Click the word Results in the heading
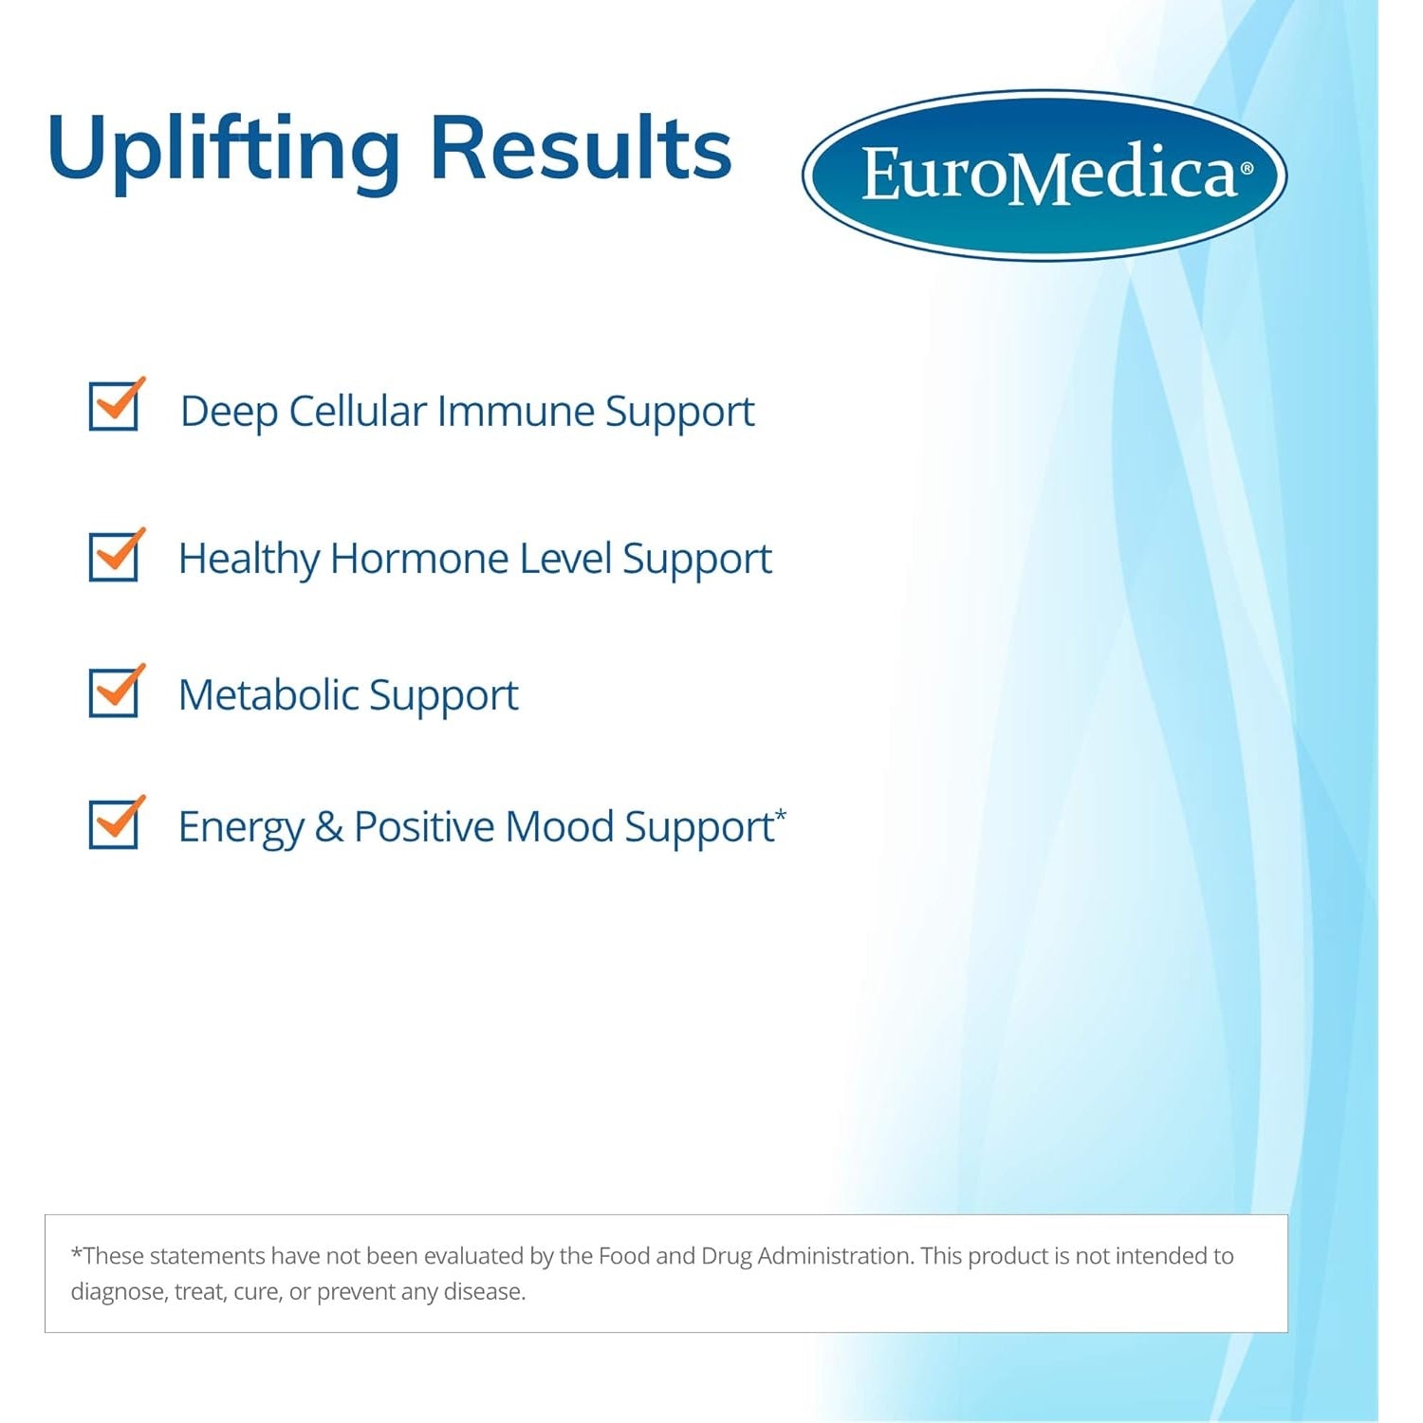tap(582, 147)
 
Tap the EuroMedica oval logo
tap(1044, 176)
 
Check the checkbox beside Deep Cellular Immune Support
tap(116, 405)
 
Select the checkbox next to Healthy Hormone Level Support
tap(116, 555)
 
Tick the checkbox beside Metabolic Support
tap(116, 691)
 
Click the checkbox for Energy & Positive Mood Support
tap(116, 822)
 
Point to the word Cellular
tap(358, 411)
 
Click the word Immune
tap(516, 411)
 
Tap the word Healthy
tap(249, 560)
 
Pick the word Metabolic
tap(268, 694)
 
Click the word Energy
tap(241, 828)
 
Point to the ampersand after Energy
tap(329, 827)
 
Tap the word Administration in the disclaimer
tap(834, 1256)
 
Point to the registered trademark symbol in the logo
tap(1247, 169)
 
